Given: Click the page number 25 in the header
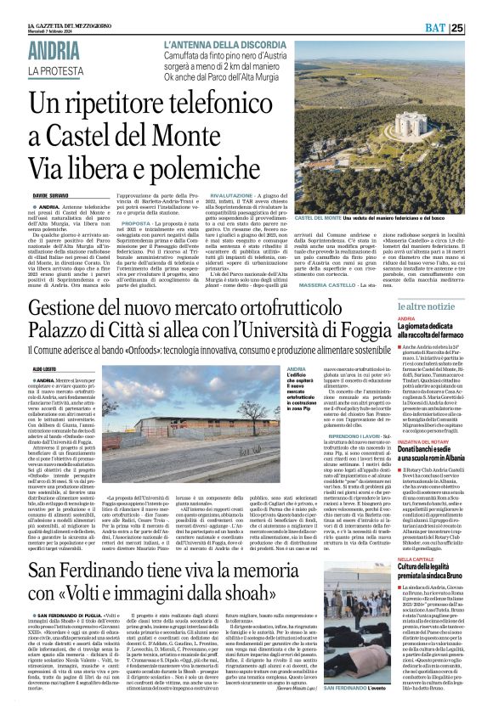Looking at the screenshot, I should tap(481, 28).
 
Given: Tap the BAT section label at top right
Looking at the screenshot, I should tap(456, 28).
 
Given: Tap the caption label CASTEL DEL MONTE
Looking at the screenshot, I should tap(341, 218).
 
